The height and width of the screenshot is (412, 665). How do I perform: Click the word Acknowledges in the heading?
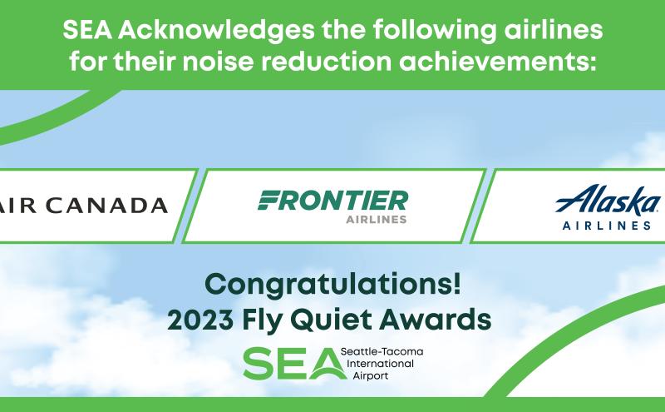point(216,31)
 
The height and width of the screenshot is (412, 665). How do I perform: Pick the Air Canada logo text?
point(82,205)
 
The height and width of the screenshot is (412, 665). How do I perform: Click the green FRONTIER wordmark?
point(333,201)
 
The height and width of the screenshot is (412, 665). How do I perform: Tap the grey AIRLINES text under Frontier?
point(377,219)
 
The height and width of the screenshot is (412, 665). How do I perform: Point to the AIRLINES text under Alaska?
point(607,225)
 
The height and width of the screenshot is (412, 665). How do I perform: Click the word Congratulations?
point(332,285)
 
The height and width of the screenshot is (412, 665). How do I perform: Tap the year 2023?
point(200,320)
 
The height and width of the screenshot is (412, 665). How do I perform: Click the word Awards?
point(435,320)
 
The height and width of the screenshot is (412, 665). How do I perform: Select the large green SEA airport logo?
point(293,364)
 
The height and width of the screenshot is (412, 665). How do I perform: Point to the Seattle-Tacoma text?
point(382,352)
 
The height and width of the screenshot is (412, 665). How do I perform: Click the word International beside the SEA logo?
point(380,364)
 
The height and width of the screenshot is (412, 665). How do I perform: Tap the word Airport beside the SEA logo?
point(370,375)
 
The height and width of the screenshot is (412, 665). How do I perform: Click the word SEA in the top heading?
point(87,30)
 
